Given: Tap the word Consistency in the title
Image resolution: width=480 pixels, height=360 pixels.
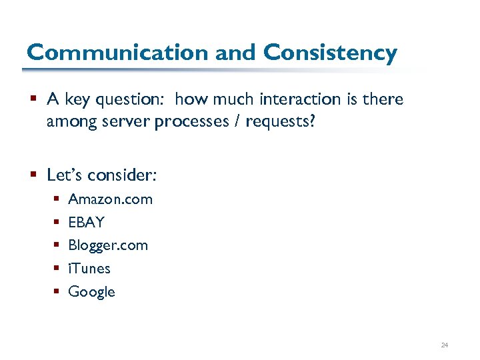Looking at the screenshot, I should click(x=331, y=52).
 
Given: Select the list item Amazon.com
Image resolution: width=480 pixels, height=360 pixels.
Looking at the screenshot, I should click(x=110, y=199).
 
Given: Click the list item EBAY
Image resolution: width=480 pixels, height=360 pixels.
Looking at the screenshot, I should click(x=87, y=223).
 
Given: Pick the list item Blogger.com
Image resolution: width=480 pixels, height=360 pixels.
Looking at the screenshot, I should click(x=108, y=245).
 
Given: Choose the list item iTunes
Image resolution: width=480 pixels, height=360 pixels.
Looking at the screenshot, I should click(x=89, y=269).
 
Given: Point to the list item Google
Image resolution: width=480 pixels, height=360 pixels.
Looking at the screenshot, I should click(x=92, y=292).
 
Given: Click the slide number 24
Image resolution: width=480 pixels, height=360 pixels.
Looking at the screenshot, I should click(x=445, y=345).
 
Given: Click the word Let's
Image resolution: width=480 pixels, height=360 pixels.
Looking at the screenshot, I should click(x=64, y=175).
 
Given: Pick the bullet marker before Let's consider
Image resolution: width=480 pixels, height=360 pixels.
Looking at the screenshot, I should click(x=34, y=175).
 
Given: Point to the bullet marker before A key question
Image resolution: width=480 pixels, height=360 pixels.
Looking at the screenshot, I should click(x=34, y=100).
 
